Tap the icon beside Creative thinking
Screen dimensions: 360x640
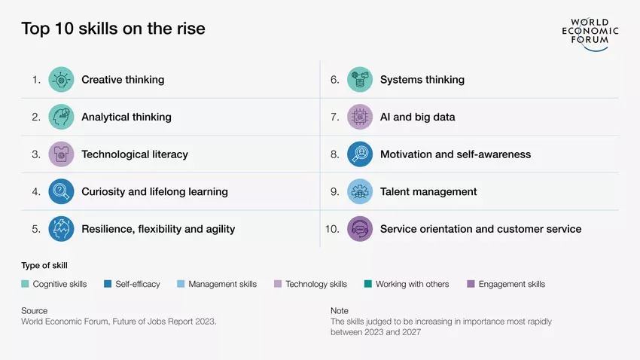pos(61,80)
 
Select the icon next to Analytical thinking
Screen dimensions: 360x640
pos(61,117)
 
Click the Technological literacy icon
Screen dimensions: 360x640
pos(61,154)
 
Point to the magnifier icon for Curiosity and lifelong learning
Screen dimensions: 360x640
pos(61,191)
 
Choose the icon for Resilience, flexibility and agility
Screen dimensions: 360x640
pos(61,229)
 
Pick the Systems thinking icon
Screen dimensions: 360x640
pos(360,80)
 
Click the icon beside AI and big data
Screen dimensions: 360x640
pos(360,117)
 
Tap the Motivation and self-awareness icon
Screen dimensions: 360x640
pos(360,154)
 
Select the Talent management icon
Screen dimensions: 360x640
pos(360,191)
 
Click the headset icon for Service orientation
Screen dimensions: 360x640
pos(360,229)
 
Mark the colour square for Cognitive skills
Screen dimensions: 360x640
pos(25,284)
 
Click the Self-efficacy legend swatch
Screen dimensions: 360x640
pos(108,284)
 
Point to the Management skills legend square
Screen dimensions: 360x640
pos(181,284)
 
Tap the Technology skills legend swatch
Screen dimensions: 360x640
pos(278,284)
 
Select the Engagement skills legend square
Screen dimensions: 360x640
pos(471,284)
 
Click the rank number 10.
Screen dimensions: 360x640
pos(332,229)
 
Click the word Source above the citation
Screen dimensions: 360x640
pos(34,310)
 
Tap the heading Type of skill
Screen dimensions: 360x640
pos(45,266)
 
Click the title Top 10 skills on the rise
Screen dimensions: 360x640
pos(113,29)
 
